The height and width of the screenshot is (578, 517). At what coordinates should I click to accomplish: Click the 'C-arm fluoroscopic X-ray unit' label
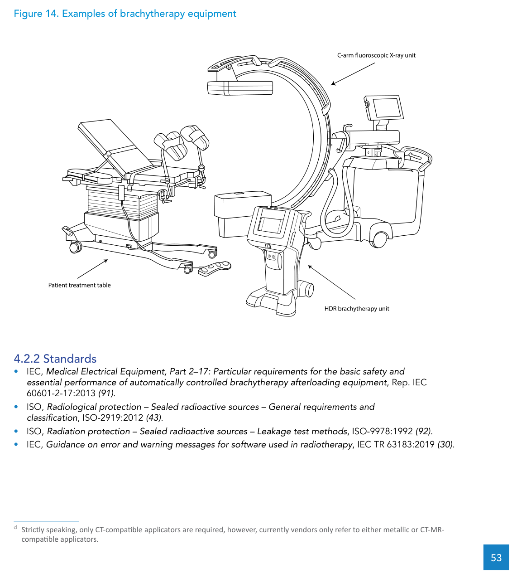[376, 55]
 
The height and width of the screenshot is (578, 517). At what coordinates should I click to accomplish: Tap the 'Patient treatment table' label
[79, 285]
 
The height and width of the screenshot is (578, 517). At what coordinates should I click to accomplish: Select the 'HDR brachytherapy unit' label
[357, 309]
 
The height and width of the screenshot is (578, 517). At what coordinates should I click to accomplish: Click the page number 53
[496, 558]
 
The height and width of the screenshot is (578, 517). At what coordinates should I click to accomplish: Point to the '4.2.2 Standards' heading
[55, 359]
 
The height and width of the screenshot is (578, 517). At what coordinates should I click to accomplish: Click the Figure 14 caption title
[125, 14]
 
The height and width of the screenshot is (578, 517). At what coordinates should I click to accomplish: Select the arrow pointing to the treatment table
[92, 269]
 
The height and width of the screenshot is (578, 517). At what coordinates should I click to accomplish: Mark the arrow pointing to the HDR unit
[331, 282]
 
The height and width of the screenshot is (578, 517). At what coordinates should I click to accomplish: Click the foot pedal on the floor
[215, 268]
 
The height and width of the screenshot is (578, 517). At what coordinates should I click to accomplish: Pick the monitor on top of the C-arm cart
[385, 108]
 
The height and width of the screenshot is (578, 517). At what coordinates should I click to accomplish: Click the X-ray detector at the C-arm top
[240, 87]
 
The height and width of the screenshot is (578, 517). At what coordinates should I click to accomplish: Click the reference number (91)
[106, 393]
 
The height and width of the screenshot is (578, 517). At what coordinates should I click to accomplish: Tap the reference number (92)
[423, 431]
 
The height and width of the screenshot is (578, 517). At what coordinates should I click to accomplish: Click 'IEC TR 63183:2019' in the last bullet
[396, 444]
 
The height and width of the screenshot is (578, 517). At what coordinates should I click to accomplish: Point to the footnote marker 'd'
[15, 528]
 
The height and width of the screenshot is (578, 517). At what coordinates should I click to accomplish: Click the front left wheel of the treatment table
[75, 247]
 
